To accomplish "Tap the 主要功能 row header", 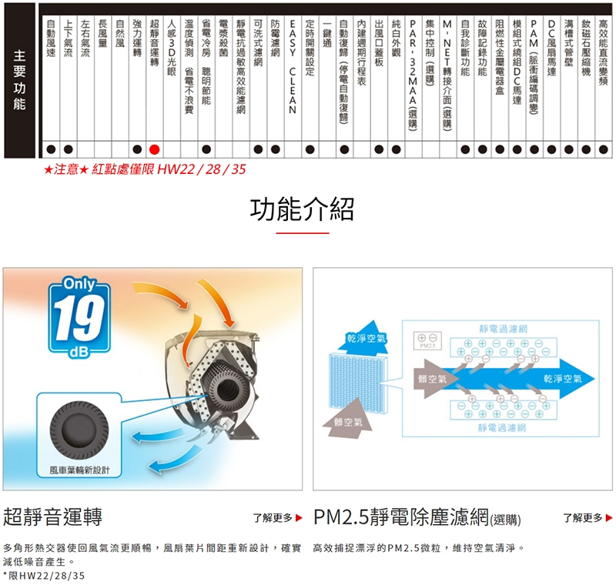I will pyautogui.click(x=19, y=80).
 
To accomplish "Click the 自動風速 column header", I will pyautogui.click(x=50, y=46).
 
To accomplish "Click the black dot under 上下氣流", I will pyautogui.click(x=68, y=148).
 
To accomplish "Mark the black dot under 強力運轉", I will pyautogui.click(x=136, y=148).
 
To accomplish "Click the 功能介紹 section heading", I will pyautogui.click(x=302, y=209).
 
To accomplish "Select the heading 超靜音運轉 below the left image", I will pyautogui.click(x=53, y=516).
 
